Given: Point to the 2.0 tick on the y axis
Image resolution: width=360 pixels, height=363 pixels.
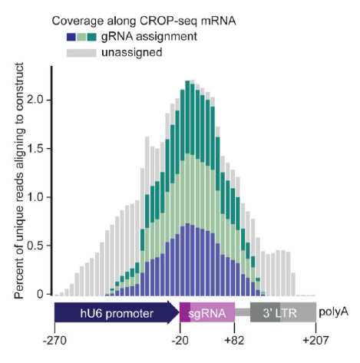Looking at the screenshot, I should [x=35, y=100].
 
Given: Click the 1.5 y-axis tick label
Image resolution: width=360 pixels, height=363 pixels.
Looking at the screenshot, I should [x=35, y=148].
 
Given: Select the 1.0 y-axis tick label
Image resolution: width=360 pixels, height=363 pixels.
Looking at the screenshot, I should [x=35, y=196].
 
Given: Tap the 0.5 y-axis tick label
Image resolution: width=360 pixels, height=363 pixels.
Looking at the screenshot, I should [x=35, y=245].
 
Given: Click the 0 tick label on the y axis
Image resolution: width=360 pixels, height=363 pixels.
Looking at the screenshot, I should [x=40, y=294].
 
